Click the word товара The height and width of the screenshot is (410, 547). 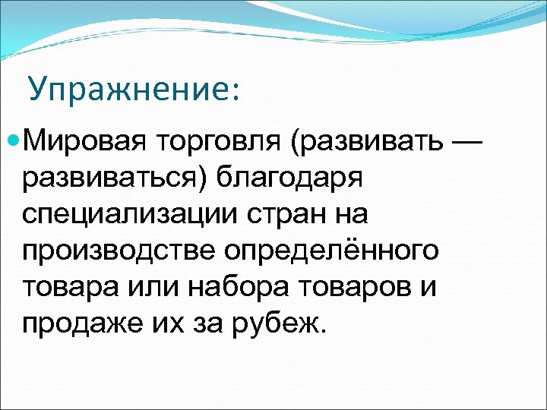64,287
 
